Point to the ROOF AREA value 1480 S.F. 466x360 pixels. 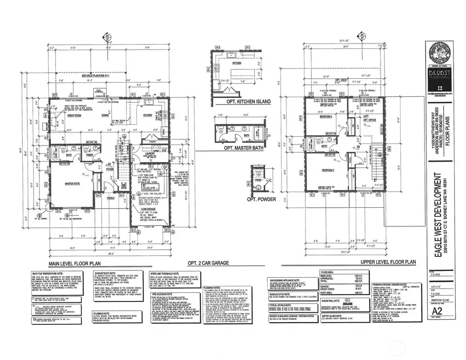344,292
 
